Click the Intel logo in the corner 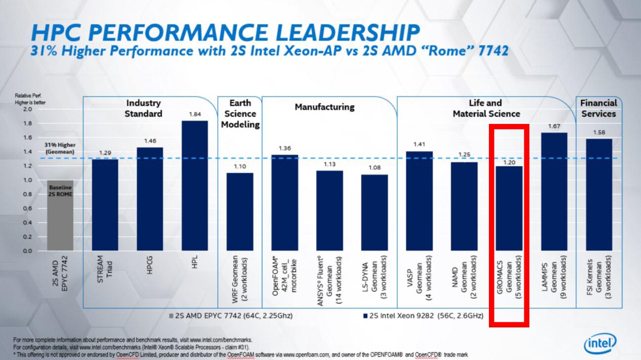(600, 343)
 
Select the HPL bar (194, 186)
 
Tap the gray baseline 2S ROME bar (60, 215)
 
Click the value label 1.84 (194, 114)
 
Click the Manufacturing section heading (324, 107)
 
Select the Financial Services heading (598, 108)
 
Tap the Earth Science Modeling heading (240, 114)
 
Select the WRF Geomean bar (240, 212)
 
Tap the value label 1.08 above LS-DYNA (374, 167)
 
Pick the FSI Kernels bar (599, 195)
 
